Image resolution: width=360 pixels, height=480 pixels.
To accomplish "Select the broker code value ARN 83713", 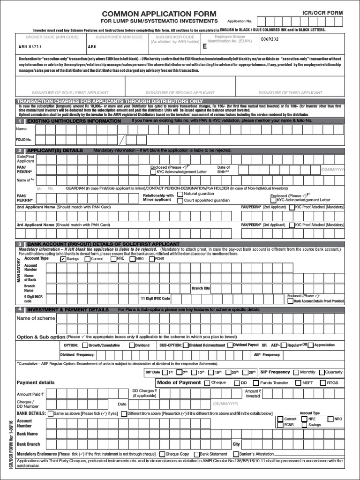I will point(30,47).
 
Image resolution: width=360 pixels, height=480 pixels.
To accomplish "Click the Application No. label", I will point(240,22).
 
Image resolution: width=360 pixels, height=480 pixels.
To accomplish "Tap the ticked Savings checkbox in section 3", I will point(63,258).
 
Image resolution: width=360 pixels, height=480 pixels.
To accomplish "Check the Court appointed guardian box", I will point(180,201).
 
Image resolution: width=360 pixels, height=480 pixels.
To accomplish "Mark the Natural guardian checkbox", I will point(180,194).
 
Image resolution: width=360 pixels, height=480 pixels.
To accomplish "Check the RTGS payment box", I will point(322,383).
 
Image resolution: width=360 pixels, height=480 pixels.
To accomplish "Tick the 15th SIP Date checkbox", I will point(210,372).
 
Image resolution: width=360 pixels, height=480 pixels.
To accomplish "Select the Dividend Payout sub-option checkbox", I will point(230,345).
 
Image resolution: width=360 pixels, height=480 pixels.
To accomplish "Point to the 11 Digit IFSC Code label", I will point(155,298).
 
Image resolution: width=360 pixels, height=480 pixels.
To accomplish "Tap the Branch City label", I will point(201,288).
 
